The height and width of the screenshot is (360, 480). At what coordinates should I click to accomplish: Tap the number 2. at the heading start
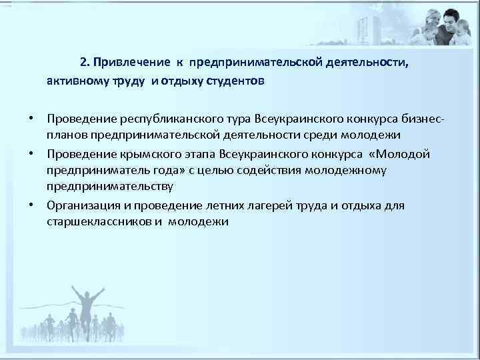point(85,63)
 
